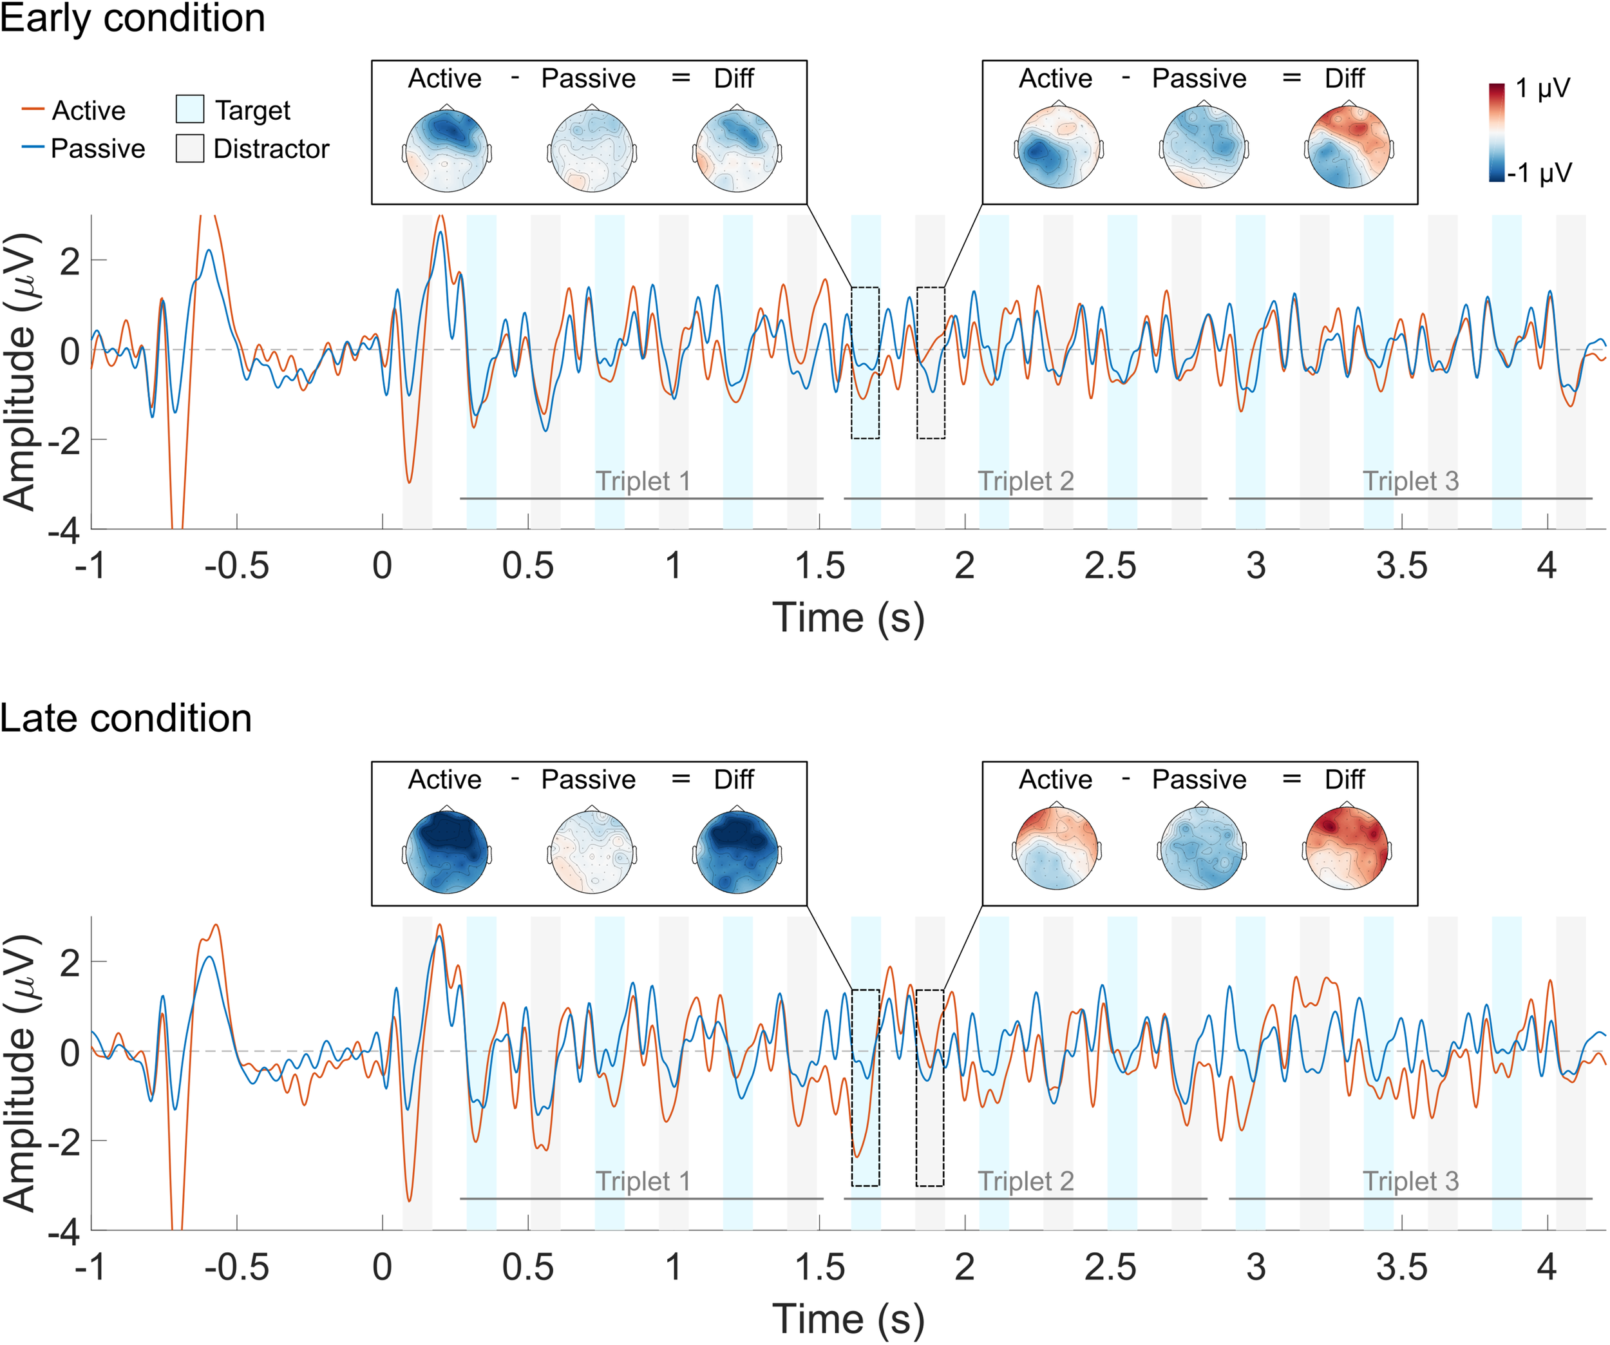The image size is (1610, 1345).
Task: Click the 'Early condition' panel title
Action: click(x=132, y=19)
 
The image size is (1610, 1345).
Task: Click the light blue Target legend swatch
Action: click(x=189, y=110)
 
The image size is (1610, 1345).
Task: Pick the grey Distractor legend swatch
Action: click(x=189, y=149)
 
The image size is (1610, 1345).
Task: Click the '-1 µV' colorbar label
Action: click(x=1539, y=173)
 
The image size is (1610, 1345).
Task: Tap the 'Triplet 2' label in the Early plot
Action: click(x=1026, y=482)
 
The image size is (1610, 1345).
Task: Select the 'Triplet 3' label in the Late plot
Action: click(x=1410, y=1181)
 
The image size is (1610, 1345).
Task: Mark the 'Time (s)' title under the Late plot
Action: click(x=848, y=1319)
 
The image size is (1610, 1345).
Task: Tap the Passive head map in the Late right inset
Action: click(x=1201, y=847)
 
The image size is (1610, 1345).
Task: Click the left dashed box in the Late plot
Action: click(x=866, y=1088)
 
